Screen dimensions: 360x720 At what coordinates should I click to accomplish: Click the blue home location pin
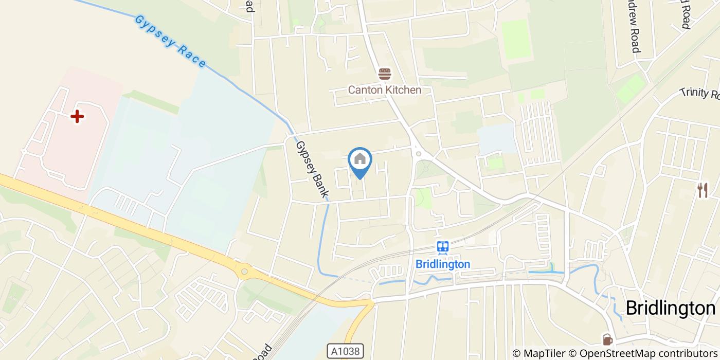click(360, 160)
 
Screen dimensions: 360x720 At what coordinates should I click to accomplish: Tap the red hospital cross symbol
click(77, 116)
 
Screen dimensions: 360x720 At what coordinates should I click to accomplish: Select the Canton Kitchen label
click(385, 90)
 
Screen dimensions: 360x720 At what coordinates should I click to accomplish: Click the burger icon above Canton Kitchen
click(385, 74)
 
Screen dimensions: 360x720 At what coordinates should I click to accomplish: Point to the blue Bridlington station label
click(442, 264)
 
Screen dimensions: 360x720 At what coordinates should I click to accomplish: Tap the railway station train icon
click(442, 248)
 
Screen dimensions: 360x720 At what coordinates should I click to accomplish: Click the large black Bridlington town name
click(670, 308)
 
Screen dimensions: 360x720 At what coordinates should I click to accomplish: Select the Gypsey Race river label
click(170, 41)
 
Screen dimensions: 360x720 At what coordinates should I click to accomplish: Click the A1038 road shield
click(346, 351)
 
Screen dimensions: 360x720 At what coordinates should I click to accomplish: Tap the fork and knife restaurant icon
click(703, 190)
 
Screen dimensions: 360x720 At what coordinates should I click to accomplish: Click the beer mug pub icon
click(607, 339)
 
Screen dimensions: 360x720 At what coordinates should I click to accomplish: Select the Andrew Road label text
click(633, 26)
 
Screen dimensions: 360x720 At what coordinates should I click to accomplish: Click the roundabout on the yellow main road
click(244, 271)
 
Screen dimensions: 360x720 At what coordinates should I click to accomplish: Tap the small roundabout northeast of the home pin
click(419, 153)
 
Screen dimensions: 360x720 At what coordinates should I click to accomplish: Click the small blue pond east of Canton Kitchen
click(496, 138)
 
